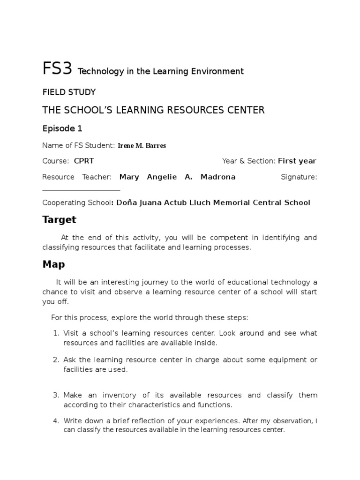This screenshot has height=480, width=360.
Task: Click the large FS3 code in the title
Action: (57, 69)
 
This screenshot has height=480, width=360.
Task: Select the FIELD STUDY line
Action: (69, 92)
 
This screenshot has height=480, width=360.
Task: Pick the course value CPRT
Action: (84, 161)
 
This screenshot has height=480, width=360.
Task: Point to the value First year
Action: (297, 161)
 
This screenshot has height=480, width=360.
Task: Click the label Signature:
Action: (299, 177)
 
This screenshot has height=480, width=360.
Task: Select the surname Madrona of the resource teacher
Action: (218, 177)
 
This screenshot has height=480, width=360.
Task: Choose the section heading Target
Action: (59, 219)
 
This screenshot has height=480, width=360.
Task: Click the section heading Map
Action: (53, 264)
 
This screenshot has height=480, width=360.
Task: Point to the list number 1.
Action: (55, 333)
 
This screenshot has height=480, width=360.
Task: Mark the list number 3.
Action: (55, 395)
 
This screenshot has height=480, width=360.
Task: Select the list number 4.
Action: (55, 420)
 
